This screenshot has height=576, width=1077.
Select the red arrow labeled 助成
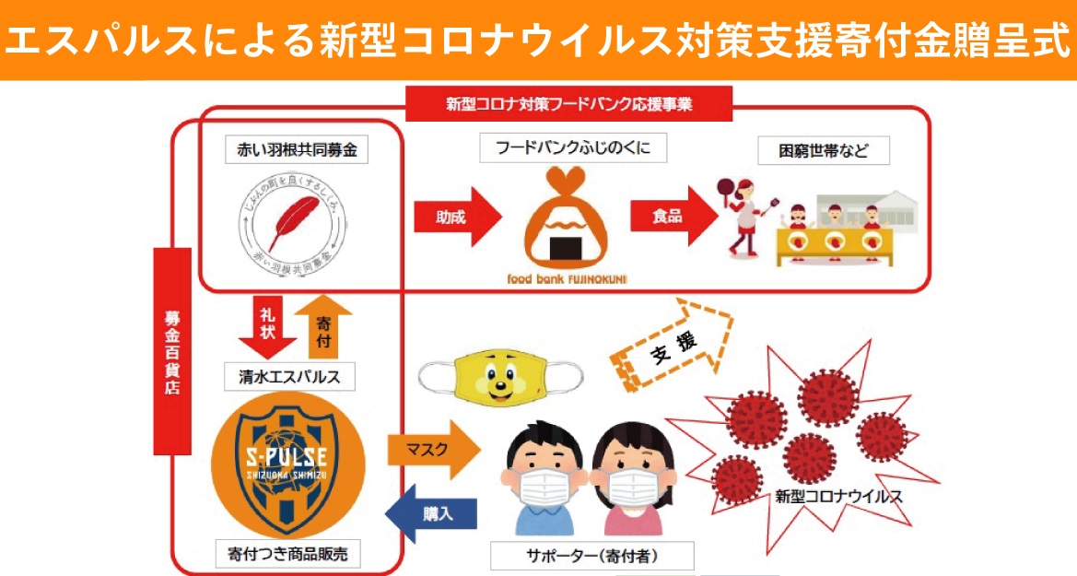pos(456,217)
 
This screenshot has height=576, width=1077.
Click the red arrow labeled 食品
pos(673,217)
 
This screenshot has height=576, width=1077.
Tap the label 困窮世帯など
pos(823,150)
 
